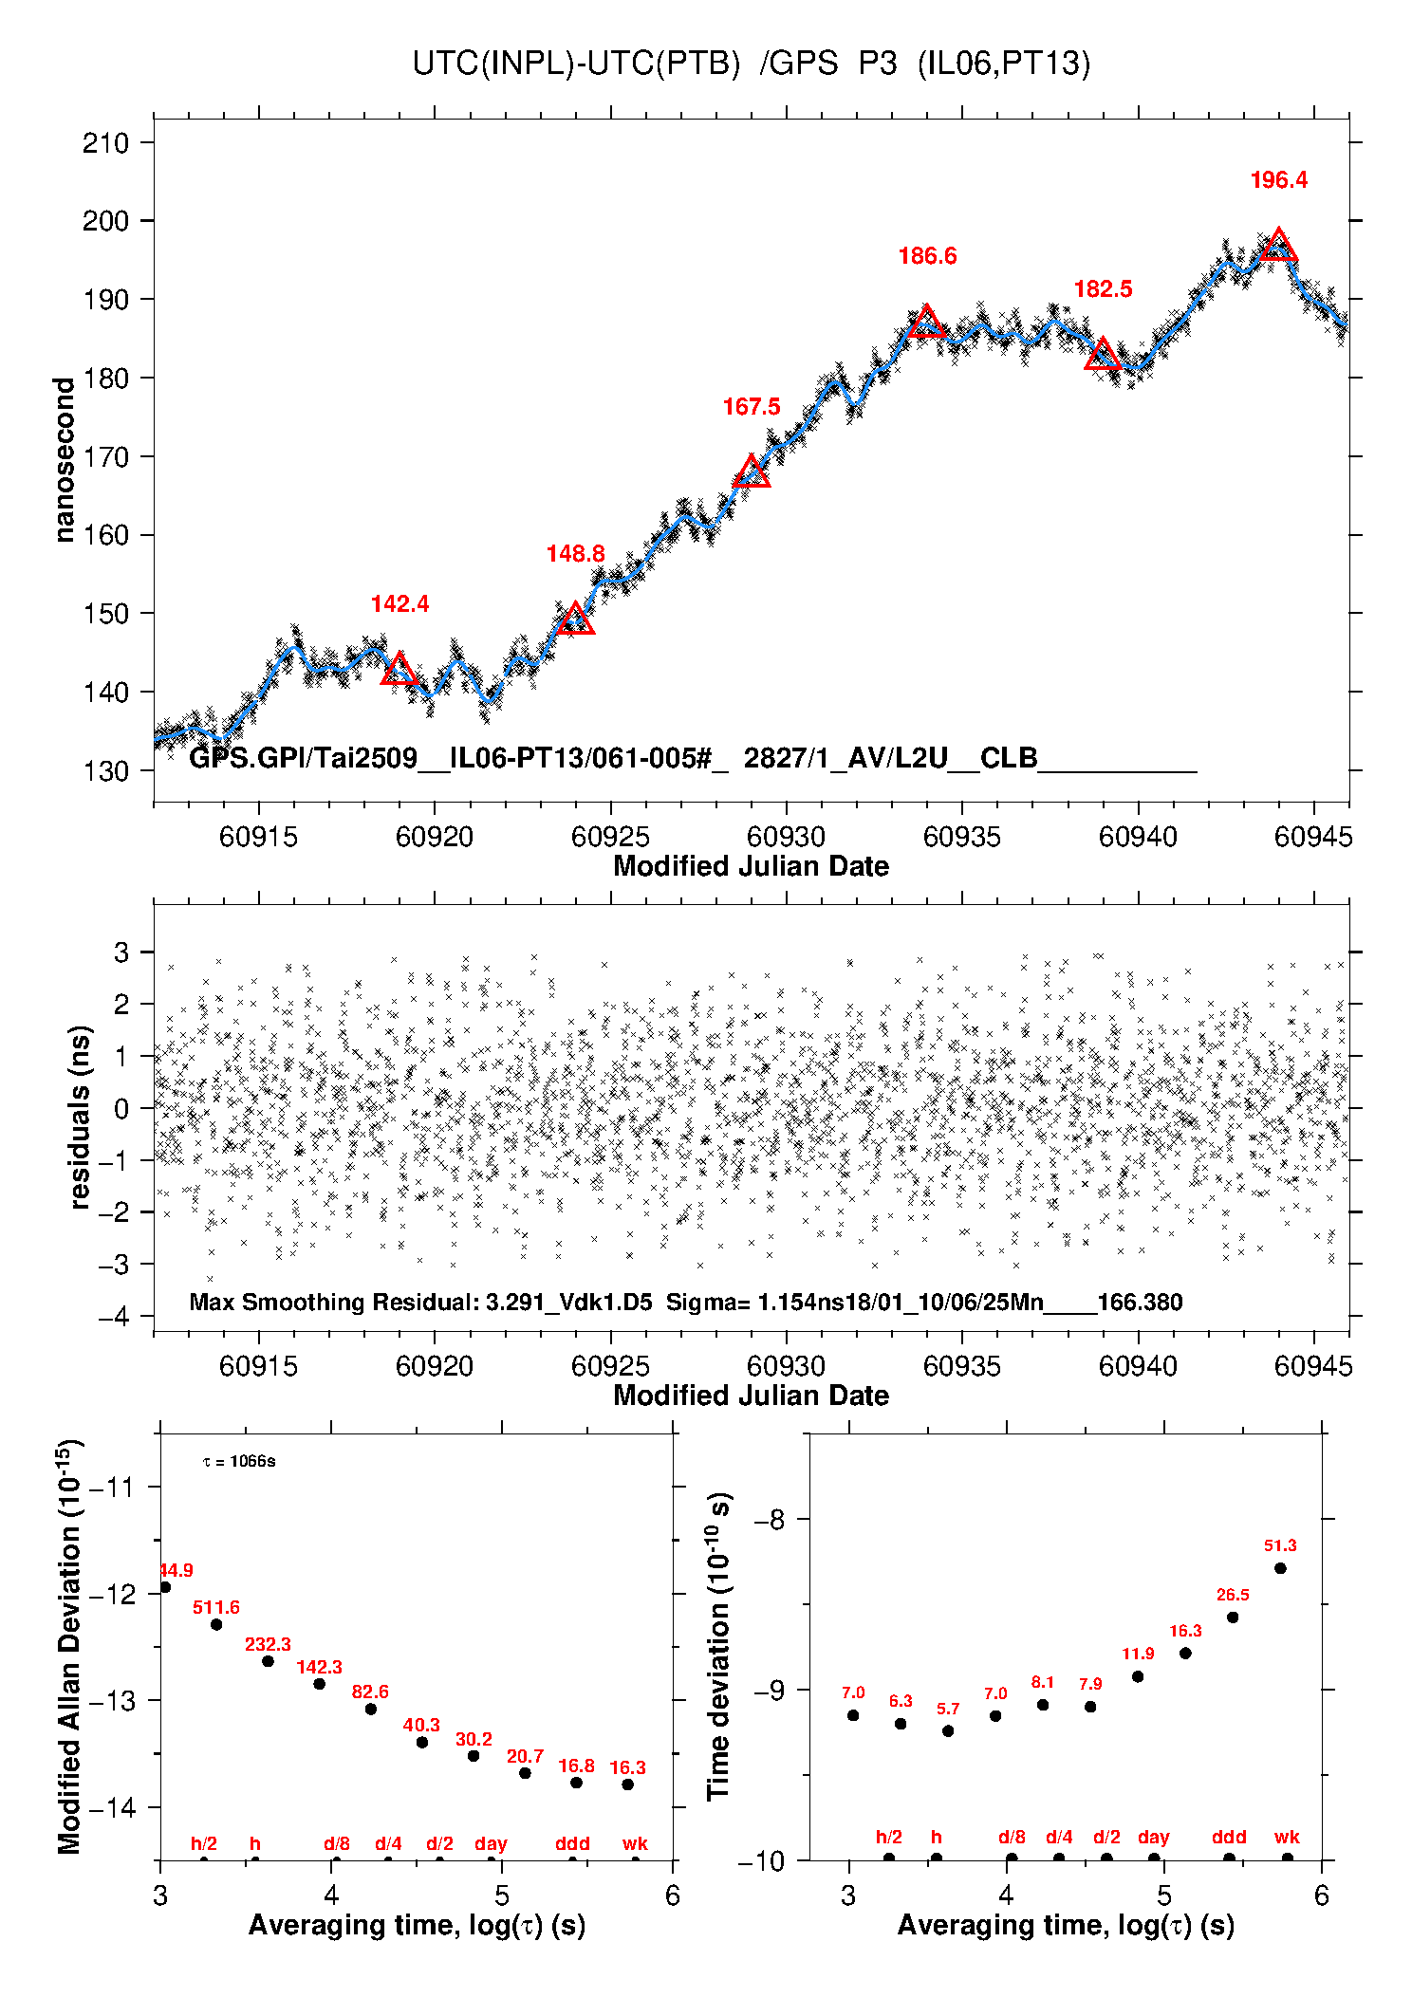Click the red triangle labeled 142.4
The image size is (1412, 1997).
(x=399, y=670)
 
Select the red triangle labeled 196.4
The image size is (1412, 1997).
(x=1278, y=246)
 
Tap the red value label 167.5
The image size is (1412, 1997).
(x=752, y=407)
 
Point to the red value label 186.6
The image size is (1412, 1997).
(x=927, y=256)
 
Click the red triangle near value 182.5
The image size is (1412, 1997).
(x=1103, y=355)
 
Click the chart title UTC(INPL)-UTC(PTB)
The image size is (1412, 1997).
(x=576, y=64)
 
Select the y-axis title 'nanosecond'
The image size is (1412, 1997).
(x=65, y=460)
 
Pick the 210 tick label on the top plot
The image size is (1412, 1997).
(x=105, y=143)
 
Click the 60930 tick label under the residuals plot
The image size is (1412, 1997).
(x=786, y=1366)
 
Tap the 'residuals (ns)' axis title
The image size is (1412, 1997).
(x=80, y=1117)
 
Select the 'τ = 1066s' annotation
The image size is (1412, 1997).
(x=239, y=1462)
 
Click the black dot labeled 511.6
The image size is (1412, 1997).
(x=216, y=1625)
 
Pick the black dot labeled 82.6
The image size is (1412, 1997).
(x=371, y=1710)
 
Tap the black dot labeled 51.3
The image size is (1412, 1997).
(x=1280, y=1568)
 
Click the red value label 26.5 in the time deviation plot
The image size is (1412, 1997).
(x=1233, y=1596)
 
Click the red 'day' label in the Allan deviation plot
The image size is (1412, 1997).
(x=491, y=1844)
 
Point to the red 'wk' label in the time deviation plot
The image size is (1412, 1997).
(x=1287, y=1838)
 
